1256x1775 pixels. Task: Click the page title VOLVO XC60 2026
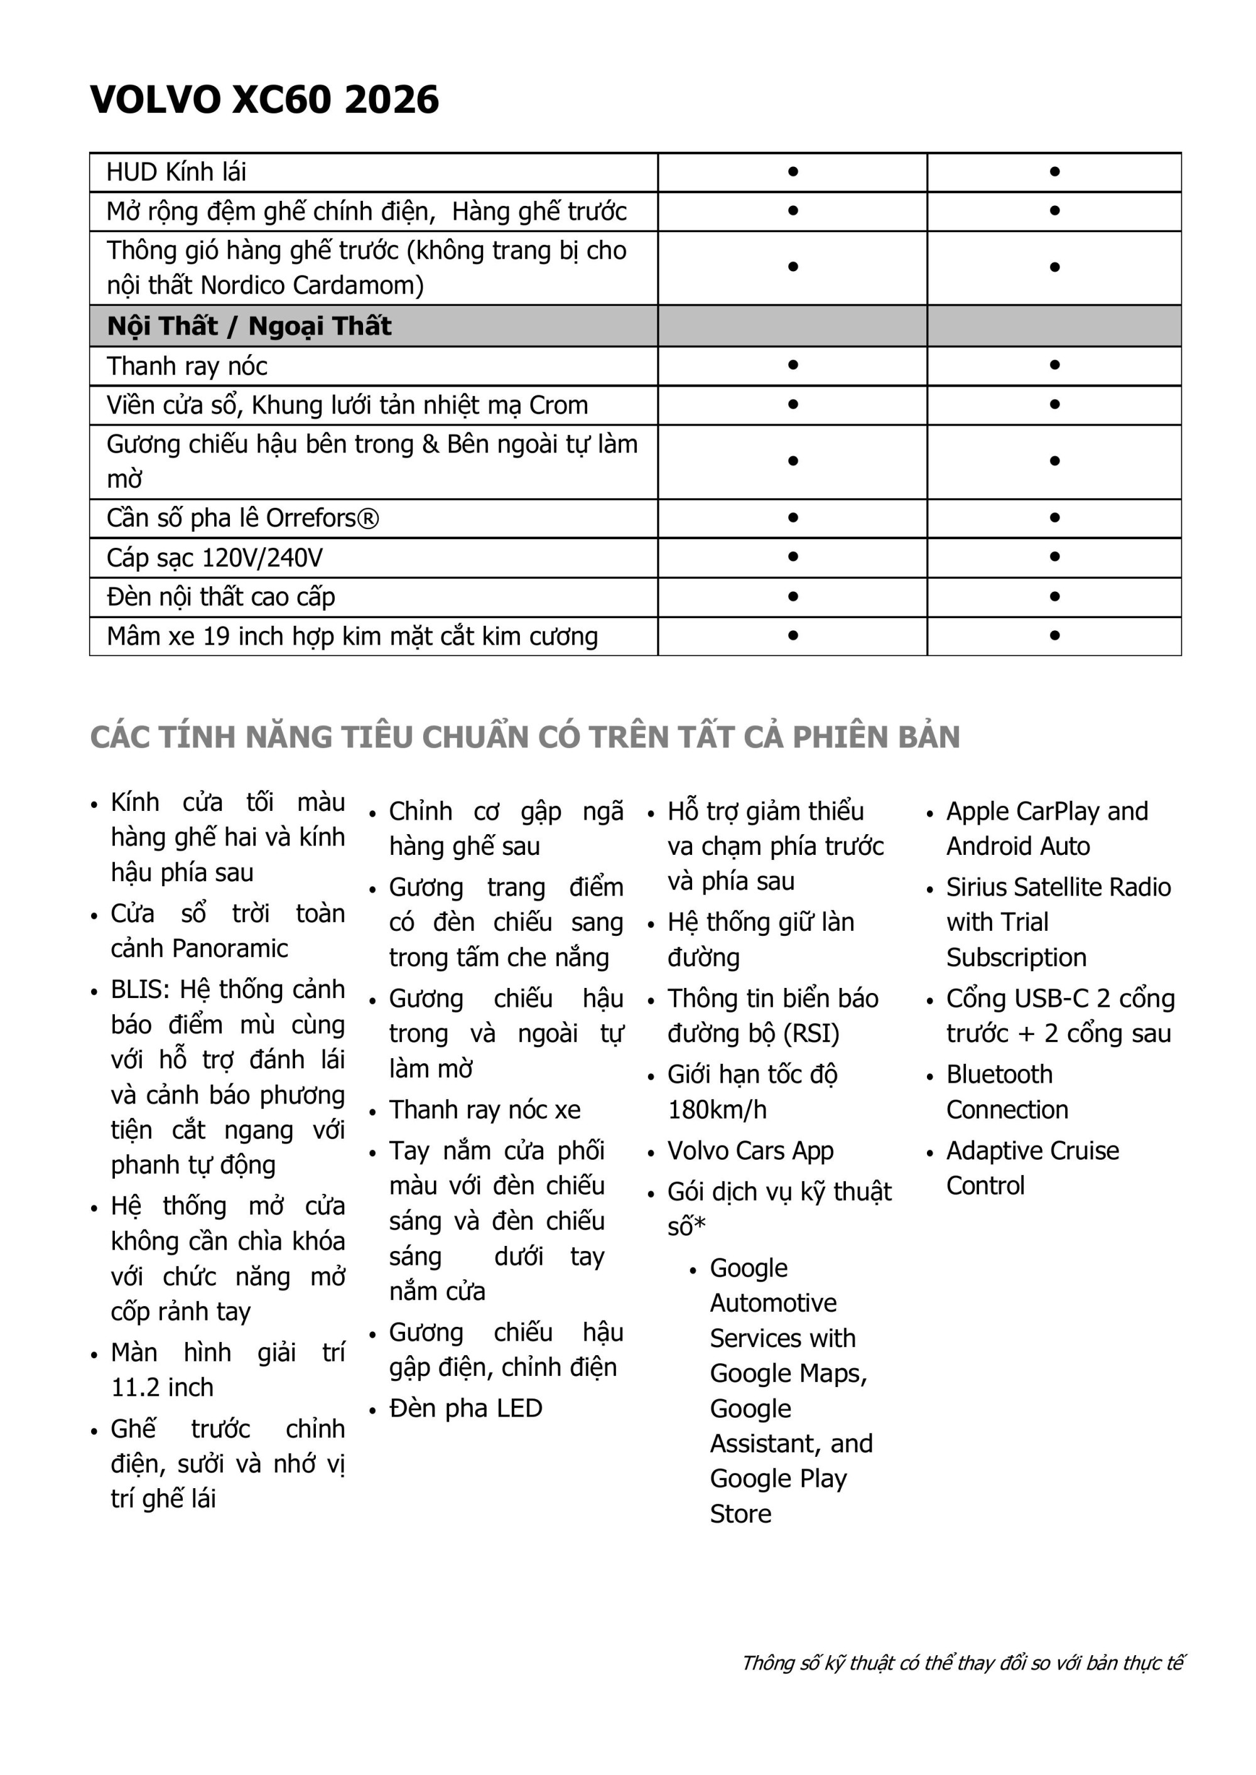(264, 100)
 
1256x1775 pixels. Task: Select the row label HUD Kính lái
(176, 171)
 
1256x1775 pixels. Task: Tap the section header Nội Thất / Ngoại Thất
(249, 326)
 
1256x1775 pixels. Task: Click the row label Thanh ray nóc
(187, 366)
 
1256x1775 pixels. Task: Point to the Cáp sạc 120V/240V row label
(214, 557)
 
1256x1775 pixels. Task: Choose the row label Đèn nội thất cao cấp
(220, 597)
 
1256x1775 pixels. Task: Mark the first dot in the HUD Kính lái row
(793, 171)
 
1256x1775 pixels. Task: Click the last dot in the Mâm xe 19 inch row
(1054, 635)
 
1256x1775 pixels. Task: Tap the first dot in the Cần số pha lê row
(793, 518)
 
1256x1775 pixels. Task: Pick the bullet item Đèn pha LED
(465, 1408)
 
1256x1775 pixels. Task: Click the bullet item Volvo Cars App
(750, 1150)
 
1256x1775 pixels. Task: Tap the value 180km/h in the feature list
(717, 1110)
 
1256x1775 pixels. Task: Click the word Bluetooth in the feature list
(999, 1075)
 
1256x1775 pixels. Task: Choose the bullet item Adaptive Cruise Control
(1032, 1167)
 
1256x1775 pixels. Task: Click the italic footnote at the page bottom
(962, 1662)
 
